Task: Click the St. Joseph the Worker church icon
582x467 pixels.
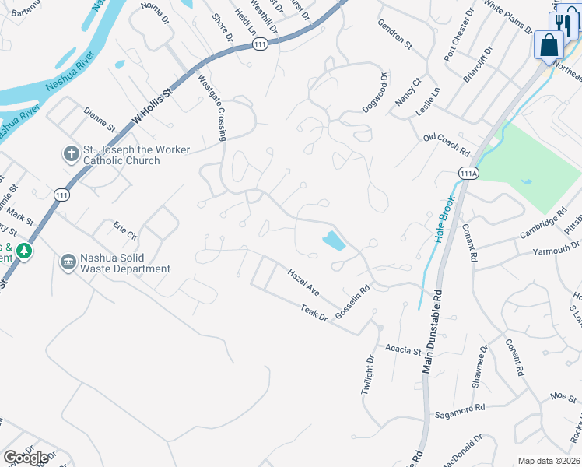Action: (71, 153)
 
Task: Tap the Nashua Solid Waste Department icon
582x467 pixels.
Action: (68, 262)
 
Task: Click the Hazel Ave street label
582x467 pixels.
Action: (303, 283)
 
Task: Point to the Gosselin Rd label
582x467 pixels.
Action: (352, 300)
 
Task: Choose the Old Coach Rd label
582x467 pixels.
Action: (447, 144)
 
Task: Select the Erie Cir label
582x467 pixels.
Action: (125, 230)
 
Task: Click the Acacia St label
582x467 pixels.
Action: (402, 349)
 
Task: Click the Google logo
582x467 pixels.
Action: (26, 458)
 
